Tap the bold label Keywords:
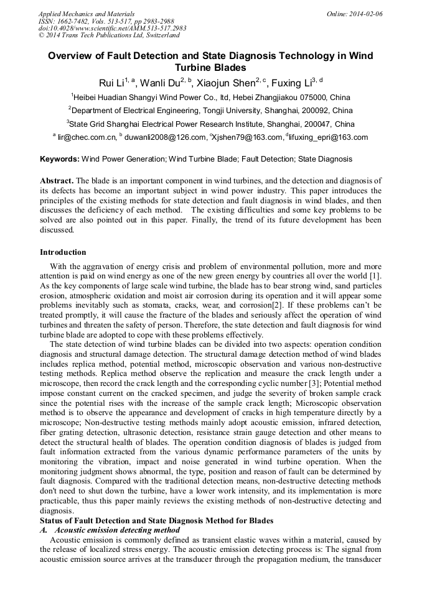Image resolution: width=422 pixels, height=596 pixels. pos(60,159)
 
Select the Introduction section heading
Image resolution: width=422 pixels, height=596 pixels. pos(63,252)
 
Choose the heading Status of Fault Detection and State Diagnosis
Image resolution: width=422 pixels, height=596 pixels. pos(156,520)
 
